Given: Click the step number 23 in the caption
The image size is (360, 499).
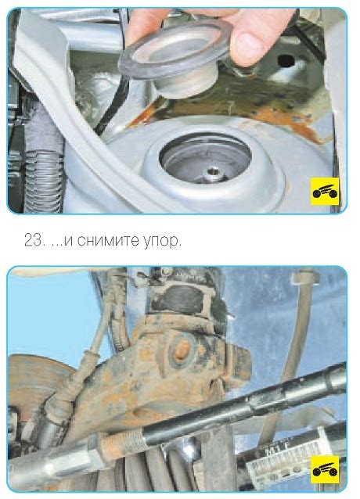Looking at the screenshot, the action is point(33,241).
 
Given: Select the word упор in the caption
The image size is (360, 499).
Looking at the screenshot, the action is point(159,242).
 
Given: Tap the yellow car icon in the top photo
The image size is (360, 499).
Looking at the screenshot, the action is point(325,192).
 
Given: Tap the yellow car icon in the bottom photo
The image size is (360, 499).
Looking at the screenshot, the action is point(325,469).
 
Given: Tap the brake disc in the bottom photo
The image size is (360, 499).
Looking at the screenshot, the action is point(35,382).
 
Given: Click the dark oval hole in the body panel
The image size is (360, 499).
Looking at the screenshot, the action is point(286,60).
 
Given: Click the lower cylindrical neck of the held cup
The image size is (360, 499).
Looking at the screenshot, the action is point(185,84).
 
